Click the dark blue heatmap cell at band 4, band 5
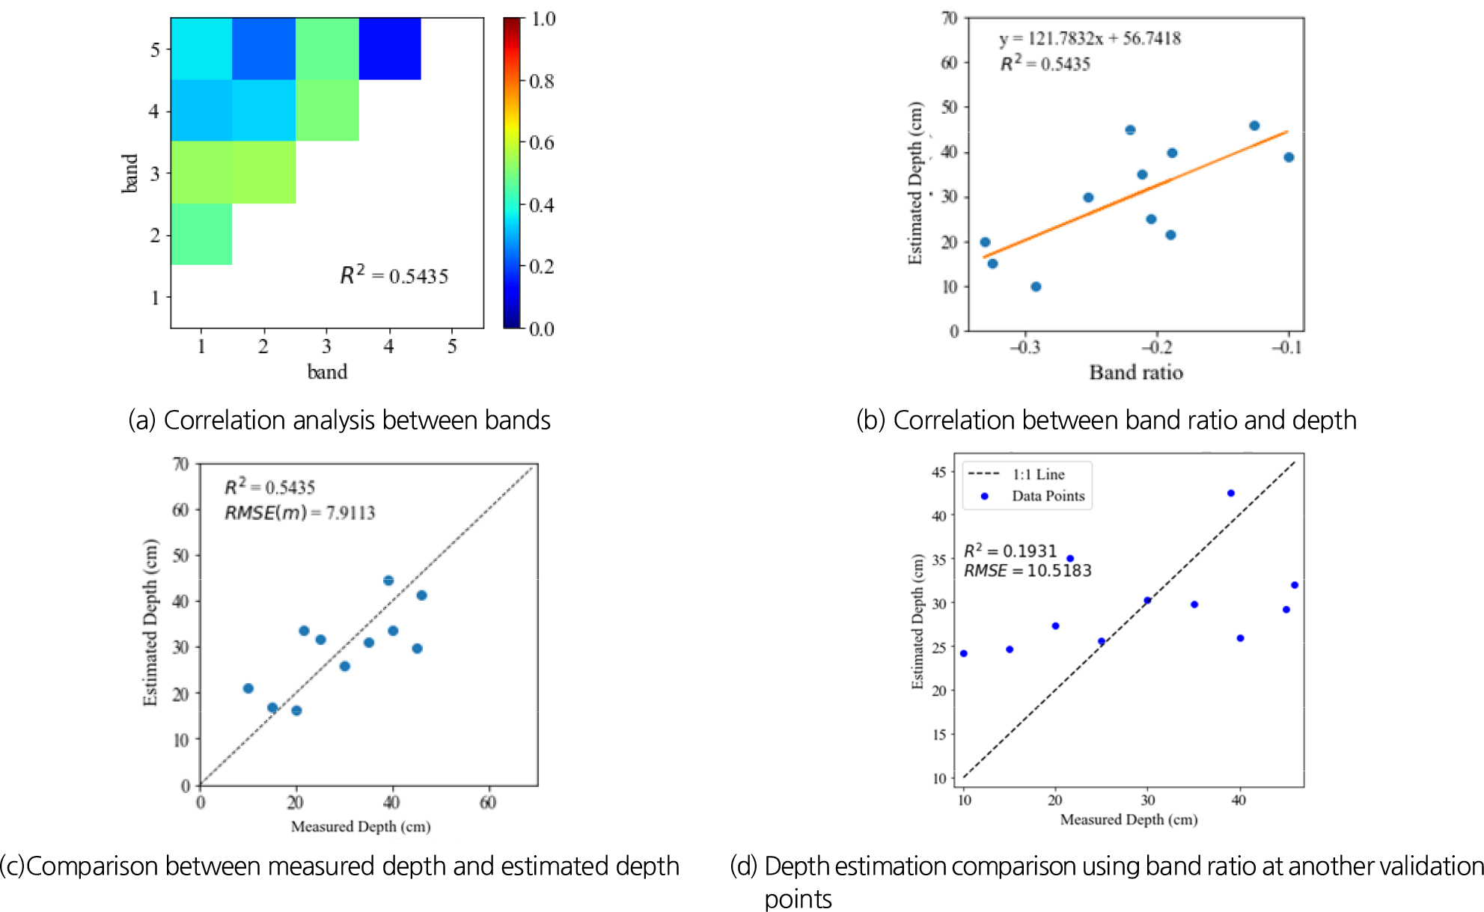point(389,49)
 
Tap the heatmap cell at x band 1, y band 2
point(201,234)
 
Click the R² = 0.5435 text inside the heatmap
point(394,275)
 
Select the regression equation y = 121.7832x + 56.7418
point(1090,39)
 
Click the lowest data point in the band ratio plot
point(1036,287)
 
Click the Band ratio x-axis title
point(1135,373)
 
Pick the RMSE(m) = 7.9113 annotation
point(299,513)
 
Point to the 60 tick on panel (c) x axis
point(488,803)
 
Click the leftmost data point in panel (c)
point(248,688)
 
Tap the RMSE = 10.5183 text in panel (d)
point(1027,571)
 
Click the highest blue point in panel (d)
point(1230,493)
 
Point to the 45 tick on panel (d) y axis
point(939,472)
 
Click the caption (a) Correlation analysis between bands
point(339,420)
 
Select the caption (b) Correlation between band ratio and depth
point(1105,420)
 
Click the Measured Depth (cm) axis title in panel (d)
point(1129,820)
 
